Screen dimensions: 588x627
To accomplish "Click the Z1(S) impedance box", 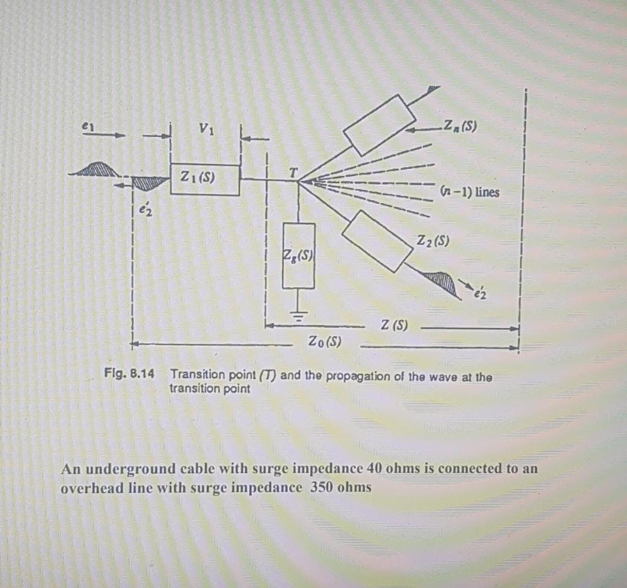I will [205, 179].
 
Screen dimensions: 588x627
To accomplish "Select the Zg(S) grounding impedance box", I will [298, 255].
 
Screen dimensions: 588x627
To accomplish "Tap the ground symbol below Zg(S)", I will [298, 314].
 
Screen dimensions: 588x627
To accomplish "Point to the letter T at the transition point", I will [293, 173].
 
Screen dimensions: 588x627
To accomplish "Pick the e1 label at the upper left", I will [88, 125].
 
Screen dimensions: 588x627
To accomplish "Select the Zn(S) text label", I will [461, 127].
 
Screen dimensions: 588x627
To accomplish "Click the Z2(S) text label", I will [433, 240].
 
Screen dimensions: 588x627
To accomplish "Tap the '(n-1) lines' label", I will [470, 192].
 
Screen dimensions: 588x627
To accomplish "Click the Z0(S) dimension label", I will [325, 341].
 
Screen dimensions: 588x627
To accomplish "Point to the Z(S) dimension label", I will [394, 326].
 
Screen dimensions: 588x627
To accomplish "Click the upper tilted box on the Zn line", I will [380, 125].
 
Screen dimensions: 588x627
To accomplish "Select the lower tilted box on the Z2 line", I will [377, 240].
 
